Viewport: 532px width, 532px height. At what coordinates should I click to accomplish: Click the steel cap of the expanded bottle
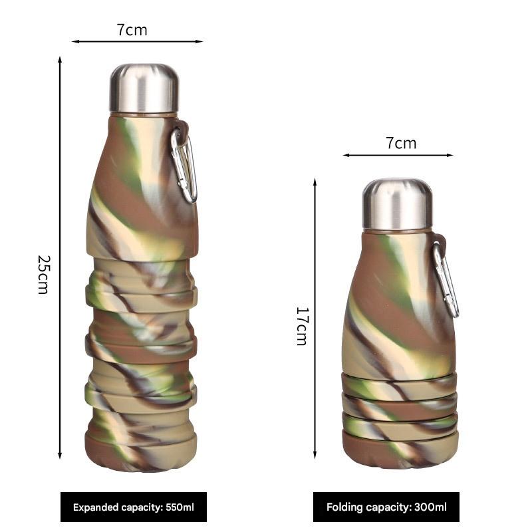pyautogui.click(x=144, y=88)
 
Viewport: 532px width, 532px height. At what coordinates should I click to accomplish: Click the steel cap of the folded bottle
pyautogui.click(x=397, y=203)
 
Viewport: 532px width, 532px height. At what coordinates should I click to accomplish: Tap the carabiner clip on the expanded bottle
pyautogui.click(x=184, y=164)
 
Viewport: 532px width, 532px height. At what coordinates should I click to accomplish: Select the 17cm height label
pyautogui.click(x=301, y=326)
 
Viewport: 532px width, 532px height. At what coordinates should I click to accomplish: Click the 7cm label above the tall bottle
pyautogui.click(x=132, y=30)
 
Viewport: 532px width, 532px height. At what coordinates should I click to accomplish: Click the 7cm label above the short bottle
pyautogui.click(x=401, y=143)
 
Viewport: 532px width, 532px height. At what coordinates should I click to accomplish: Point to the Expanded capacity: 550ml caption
pyautogui.click(x=134, y=507)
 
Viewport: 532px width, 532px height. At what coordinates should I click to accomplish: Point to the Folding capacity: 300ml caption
pyautogui.click(x=386, y=507)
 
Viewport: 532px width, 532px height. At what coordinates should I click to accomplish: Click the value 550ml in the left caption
pyautogui.click(x=180, y=507)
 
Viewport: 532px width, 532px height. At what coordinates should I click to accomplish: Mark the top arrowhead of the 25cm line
pyautogui.click(x=60, y=60)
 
